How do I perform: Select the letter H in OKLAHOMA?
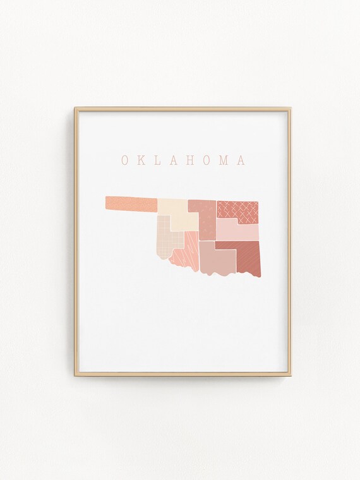tap(191, 160)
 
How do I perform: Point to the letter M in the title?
tap(224, 160)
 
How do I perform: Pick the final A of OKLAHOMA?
tap(241, 160)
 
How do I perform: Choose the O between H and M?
tap(207, 160)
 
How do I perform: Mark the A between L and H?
tap(174, 160)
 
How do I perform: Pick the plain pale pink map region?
tap(239, 231)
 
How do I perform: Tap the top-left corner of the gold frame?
tap(76, 109)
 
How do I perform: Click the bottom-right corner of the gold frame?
tap(290, 375)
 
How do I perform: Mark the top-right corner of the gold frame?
tap(290, 109)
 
